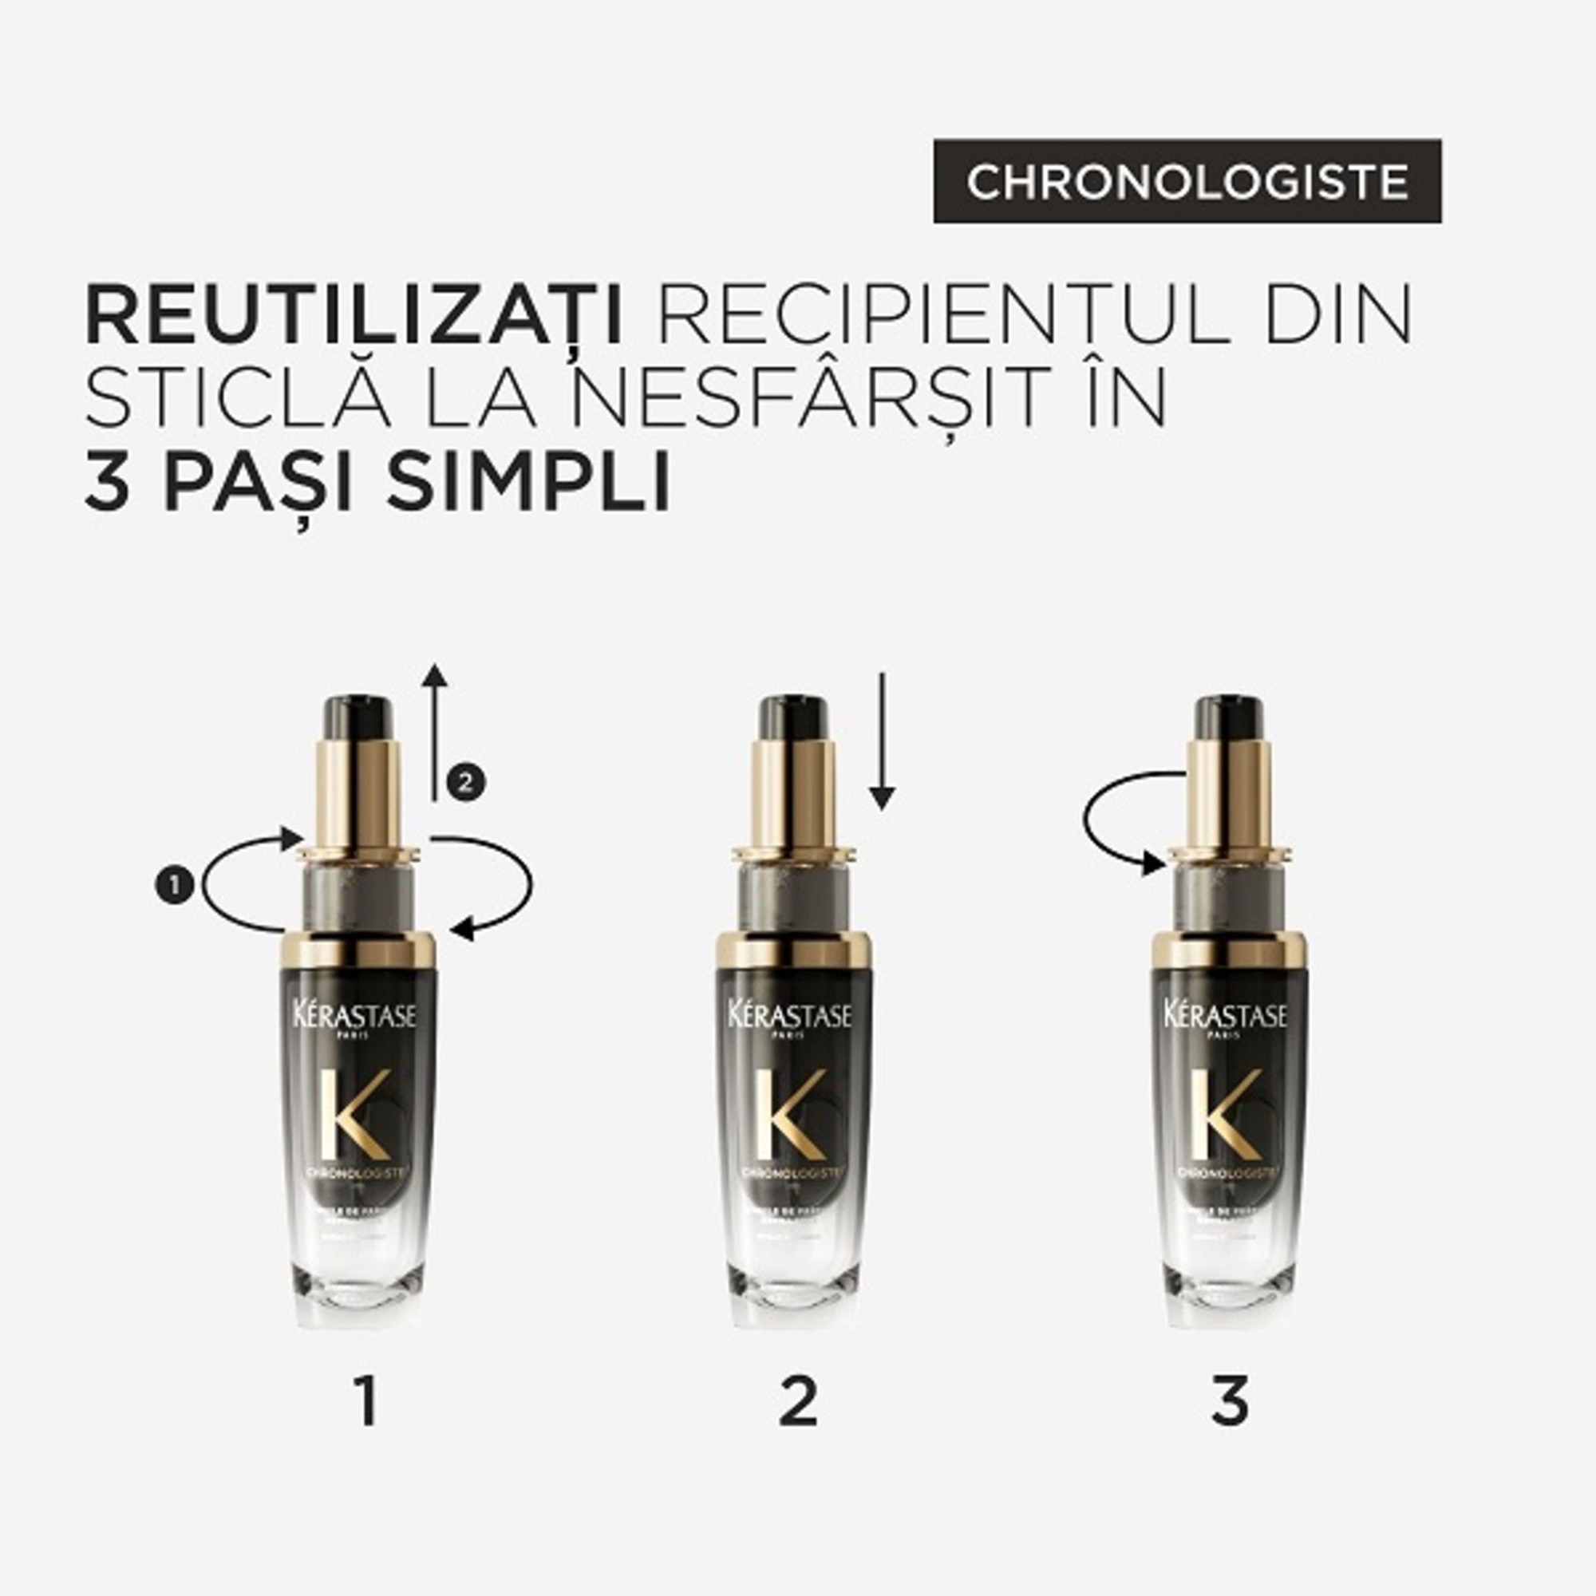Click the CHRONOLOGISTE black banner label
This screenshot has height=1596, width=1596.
click(1187, 181)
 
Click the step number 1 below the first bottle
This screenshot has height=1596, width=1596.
click(366, 1402)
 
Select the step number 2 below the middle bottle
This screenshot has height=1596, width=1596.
click(798, 1402)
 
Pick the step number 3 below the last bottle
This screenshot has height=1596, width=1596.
click(1229, 1402)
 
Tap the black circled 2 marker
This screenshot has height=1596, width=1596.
click(465, 781)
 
